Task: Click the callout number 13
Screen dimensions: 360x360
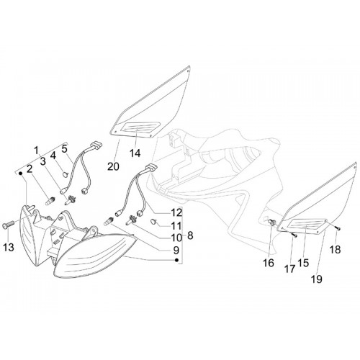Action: pos(9,247)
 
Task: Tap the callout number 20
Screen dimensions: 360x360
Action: pos(113,166)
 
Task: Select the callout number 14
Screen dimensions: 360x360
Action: pos(135,153)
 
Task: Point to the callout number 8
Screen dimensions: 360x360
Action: pos(190,235)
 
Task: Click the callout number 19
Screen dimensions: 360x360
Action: pos(317,279)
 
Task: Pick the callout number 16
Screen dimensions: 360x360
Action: pos(269,264)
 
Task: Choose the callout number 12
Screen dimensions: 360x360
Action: pos(176,212)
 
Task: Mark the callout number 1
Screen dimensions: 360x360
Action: pos(36,150)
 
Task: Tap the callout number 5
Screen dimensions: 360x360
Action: pos(64,149)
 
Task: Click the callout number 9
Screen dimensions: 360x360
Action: pos(176,251)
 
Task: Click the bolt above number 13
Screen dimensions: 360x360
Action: pos(9,225)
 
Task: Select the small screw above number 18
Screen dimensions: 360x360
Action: pos(338,229)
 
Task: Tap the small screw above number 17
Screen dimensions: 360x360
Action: pos(294,235)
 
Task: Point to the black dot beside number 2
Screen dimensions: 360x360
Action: pos(21,173)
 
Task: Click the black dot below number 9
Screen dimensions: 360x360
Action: pos(177,260)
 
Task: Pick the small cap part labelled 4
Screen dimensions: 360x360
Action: pos(65,174)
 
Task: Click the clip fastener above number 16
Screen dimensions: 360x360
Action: pos(271,222)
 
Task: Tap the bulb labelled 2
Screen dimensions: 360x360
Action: pos(50,201)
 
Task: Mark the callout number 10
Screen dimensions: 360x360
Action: pos(176,238)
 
